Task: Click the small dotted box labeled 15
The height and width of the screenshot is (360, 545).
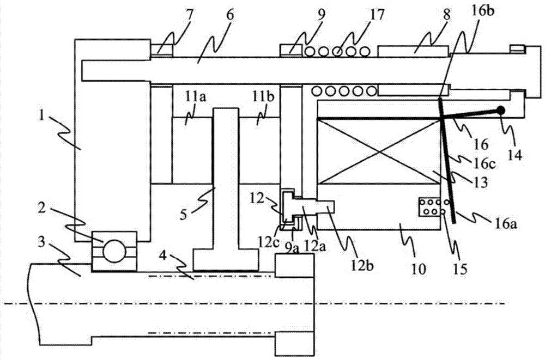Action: click(429, 208)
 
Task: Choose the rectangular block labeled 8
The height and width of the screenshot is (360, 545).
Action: click(413, 51)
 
